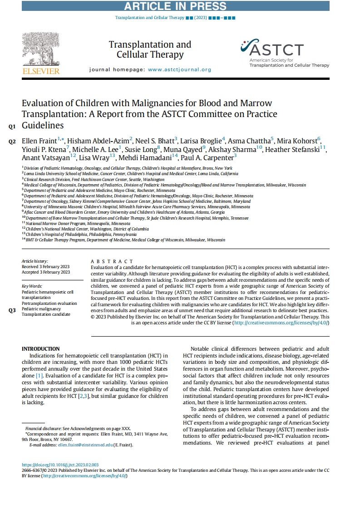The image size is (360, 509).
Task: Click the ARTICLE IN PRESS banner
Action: tap(175, 6)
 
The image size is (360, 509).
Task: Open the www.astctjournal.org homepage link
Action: tap(180, 70)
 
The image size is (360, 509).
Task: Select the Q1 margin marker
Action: tap(12, 126)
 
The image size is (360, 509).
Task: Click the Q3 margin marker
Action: tap(12, 311)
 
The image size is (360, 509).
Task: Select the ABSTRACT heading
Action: tap(112, 261)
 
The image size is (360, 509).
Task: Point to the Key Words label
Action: tap(32, 286)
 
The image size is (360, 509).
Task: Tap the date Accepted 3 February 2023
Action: tap(46, 272)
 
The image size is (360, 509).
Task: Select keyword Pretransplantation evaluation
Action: tap(49, 303)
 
